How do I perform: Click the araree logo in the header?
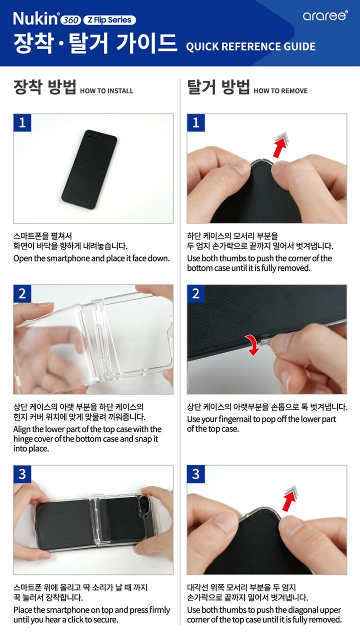click(325, 15)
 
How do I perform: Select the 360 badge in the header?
click(71, 20)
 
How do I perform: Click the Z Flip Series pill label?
click(109, 20)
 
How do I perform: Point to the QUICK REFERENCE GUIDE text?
click(250, 46)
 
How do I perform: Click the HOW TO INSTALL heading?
click(106, 91)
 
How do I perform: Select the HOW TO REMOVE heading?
click(280, 91)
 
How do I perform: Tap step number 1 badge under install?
click(22, 123)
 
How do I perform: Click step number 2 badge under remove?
click(195, 293)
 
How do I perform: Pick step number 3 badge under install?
click(22, 474)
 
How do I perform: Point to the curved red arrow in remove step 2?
click(252, 344)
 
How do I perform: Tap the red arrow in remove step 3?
click(289, 498)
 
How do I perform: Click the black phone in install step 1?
click(89, 170)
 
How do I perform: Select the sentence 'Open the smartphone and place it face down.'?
click(91, 258)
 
